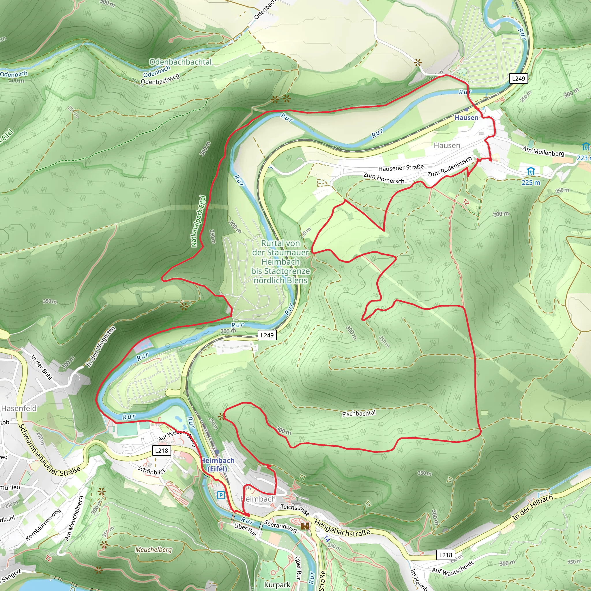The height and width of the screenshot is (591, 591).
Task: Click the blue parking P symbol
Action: [220, 495]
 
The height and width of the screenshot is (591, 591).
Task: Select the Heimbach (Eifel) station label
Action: [218, 465]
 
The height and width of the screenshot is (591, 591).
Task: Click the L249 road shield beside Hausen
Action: [519, 78]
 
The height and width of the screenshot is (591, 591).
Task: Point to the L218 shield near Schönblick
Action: [162, 450]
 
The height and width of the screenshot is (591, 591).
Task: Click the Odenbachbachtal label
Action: [180, 62]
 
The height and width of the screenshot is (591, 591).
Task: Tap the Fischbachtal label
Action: [358, 414]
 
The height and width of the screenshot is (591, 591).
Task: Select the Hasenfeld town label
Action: [19, 408]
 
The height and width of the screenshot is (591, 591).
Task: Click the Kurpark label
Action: [277, 585]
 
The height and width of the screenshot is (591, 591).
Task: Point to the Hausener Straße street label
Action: [401, 168]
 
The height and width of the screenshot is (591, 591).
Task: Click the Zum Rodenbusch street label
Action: [449, 167]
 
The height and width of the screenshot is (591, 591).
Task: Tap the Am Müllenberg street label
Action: [543, 151]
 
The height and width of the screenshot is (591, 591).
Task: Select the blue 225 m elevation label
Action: [531, 183]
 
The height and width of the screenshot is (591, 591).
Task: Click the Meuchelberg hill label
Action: [154, 549]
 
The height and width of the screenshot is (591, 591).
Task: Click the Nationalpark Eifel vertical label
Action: [199, 221]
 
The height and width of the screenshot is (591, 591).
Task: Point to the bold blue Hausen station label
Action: [466, 117]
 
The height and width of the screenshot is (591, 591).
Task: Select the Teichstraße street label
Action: [295, 509]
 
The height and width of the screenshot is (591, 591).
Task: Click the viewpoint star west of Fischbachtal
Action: [221, 417]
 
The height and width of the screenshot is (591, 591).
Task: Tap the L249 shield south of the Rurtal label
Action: [267, 335]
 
